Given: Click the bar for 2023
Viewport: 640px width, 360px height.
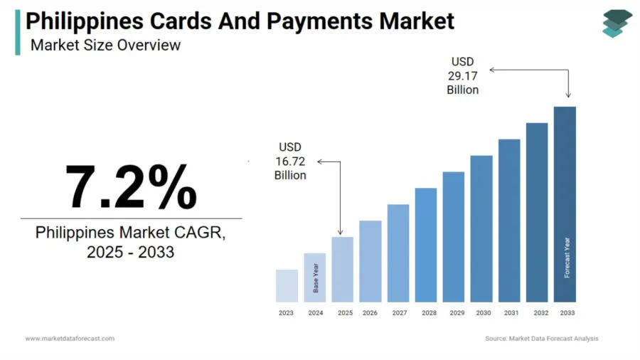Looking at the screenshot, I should click(x=287, y=285).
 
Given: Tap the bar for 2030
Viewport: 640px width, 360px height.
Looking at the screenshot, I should click(x=481, y=228).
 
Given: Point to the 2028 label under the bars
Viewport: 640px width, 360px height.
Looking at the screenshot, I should click(x=429, y=313).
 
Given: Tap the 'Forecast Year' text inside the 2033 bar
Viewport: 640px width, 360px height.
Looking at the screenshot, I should click(x=567, y=257).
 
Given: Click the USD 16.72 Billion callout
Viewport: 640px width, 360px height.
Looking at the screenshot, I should click(x=290, y=161).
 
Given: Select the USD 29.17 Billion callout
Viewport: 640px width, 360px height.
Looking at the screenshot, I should click(x=462, y=76).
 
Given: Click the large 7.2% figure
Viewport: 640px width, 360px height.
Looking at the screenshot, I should click(x=131, y=187).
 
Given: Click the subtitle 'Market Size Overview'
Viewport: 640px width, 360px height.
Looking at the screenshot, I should click(x=105, y=45).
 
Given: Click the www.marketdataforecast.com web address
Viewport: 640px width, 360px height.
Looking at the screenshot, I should click(x=70, y=339).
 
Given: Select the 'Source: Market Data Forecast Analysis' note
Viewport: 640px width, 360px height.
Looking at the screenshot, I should click(x=541, y=339).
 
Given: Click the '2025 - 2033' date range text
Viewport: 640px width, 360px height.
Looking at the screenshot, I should click(x=130, y=251).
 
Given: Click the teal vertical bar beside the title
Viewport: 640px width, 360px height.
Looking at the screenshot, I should click(x=18, y=31).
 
